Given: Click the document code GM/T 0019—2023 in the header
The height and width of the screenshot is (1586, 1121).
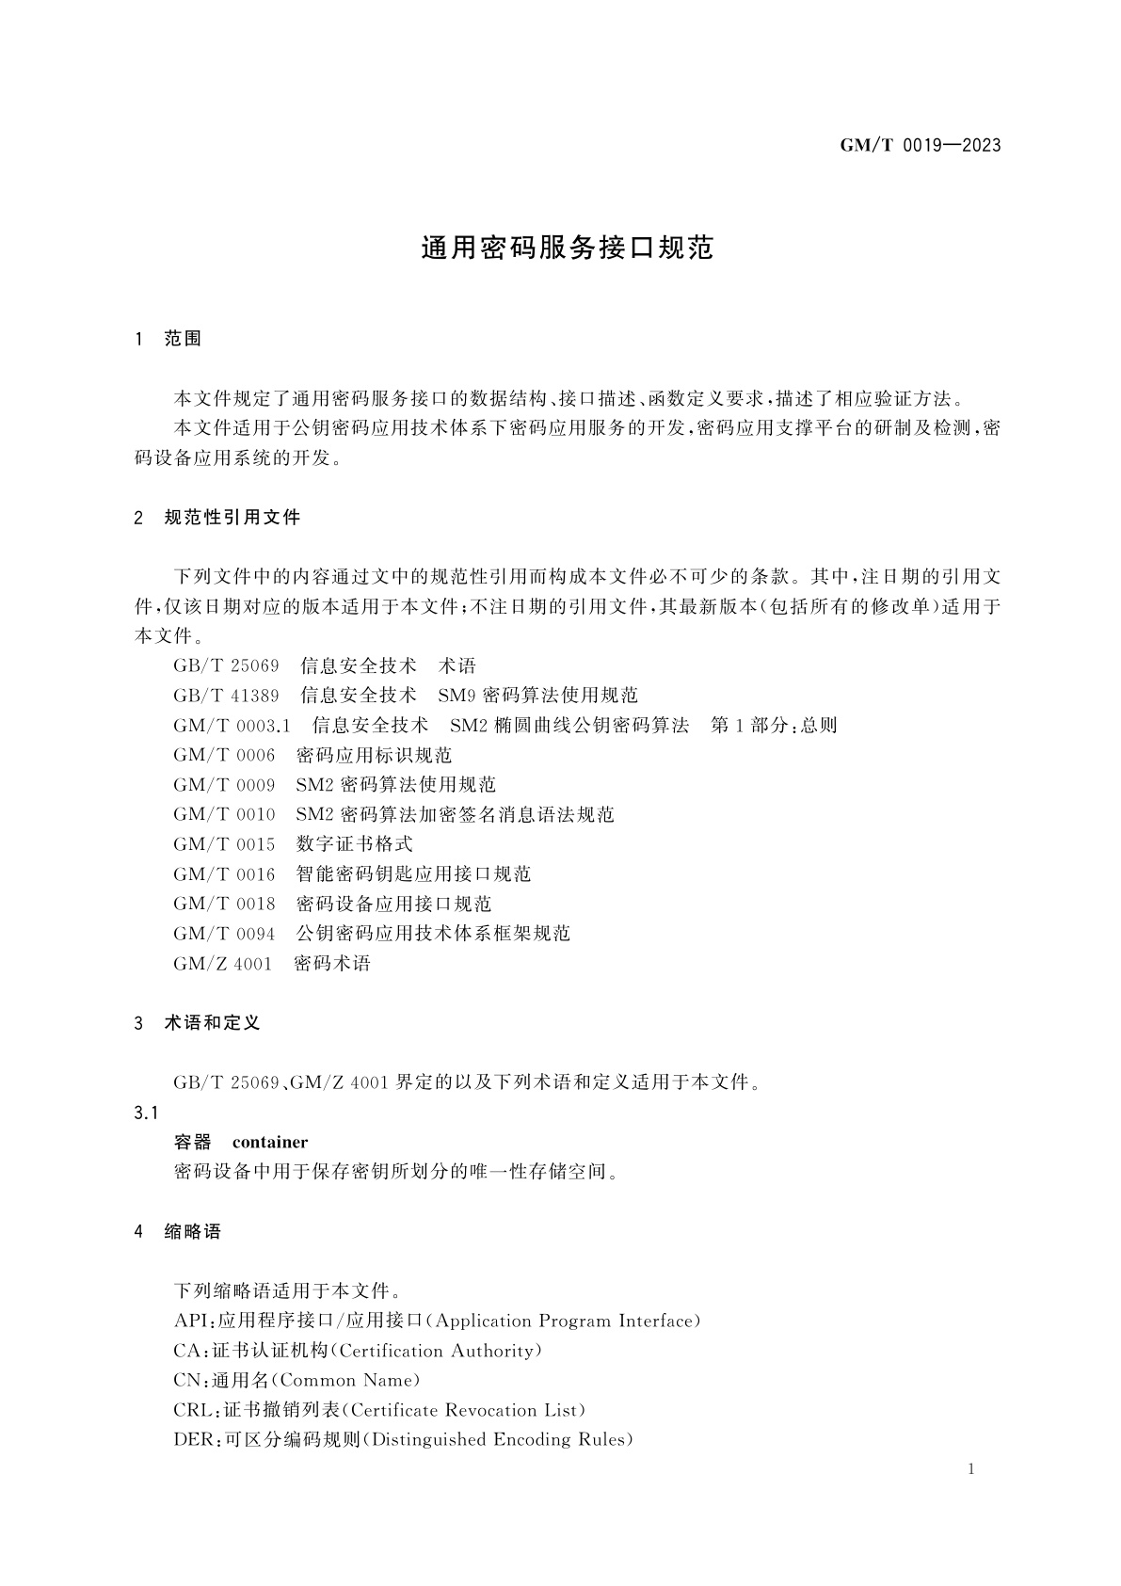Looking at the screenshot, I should (x=919, y=145).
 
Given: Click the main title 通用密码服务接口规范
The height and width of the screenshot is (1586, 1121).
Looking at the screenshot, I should (x=567, y=248).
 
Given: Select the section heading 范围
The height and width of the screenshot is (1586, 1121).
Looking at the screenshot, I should (x=183, y=339).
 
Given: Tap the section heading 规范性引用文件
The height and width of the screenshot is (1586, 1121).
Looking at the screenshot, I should (x=232, y=517).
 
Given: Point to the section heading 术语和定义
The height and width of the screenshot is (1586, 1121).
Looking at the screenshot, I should (x=212, y=1022).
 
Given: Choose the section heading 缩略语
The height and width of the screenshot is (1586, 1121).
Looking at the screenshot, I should (x=192, y=1231).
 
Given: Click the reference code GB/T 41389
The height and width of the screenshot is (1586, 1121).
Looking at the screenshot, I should (x=226, y=696).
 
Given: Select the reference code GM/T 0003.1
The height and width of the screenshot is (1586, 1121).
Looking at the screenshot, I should (x=232, y=726).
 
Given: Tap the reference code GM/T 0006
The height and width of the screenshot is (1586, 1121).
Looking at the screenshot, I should (x=224, y=755).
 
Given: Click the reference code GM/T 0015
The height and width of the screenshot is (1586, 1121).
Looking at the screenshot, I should (x=224, y=844).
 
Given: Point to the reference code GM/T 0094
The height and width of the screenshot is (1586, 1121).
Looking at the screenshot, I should (x=224, y=934).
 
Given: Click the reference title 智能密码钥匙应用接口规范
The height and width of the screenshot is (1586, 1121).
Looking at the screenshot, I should (x=413, y=874).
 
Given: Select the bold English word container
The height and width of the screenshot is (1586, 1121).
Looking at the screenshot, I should (x=270, y=1142).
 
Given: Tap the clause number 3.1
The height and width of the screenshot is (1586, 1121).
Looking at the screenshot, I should (x=146, y=1113).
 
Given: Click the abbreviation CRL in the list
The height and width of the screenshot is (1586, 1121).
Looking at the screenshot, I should (x=193, y=1410).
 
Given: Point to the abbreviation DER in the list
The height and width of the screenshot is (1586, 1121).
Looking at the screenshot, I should (x=194, y=1440).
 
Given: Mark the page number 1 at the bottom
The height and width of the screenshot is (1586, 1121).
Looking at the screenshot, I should (x=970, y=1470).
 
